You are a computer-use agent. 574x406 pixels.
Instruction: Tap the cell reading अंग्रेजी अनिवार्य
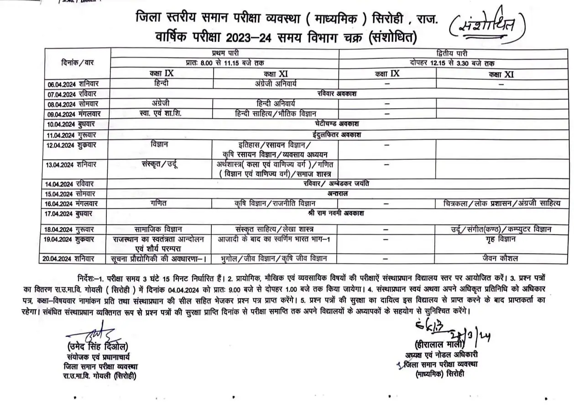276,84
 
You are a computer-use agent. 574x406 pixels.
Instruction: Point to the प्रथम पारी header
223,53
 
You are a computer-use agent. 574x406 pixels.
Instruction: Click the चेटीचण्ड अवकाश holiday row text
337,124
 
